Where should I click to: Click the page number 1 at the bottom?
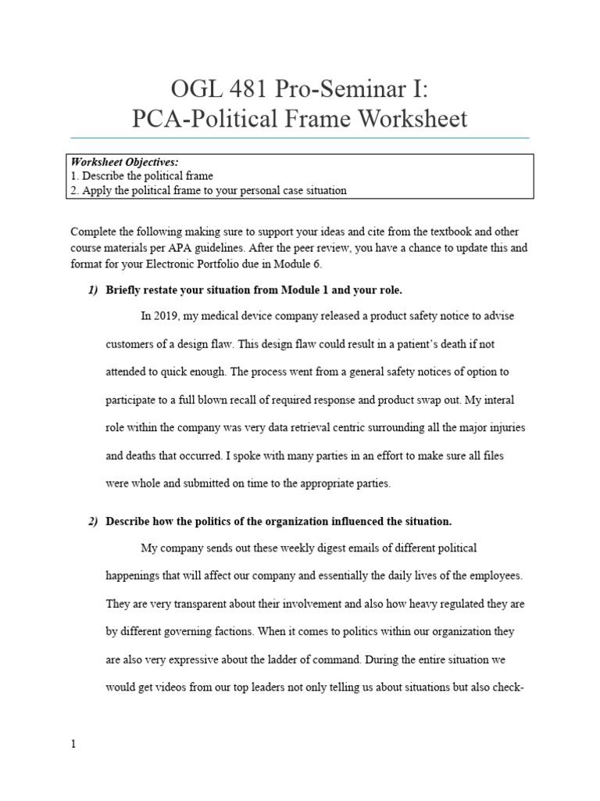click(73, 744)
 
